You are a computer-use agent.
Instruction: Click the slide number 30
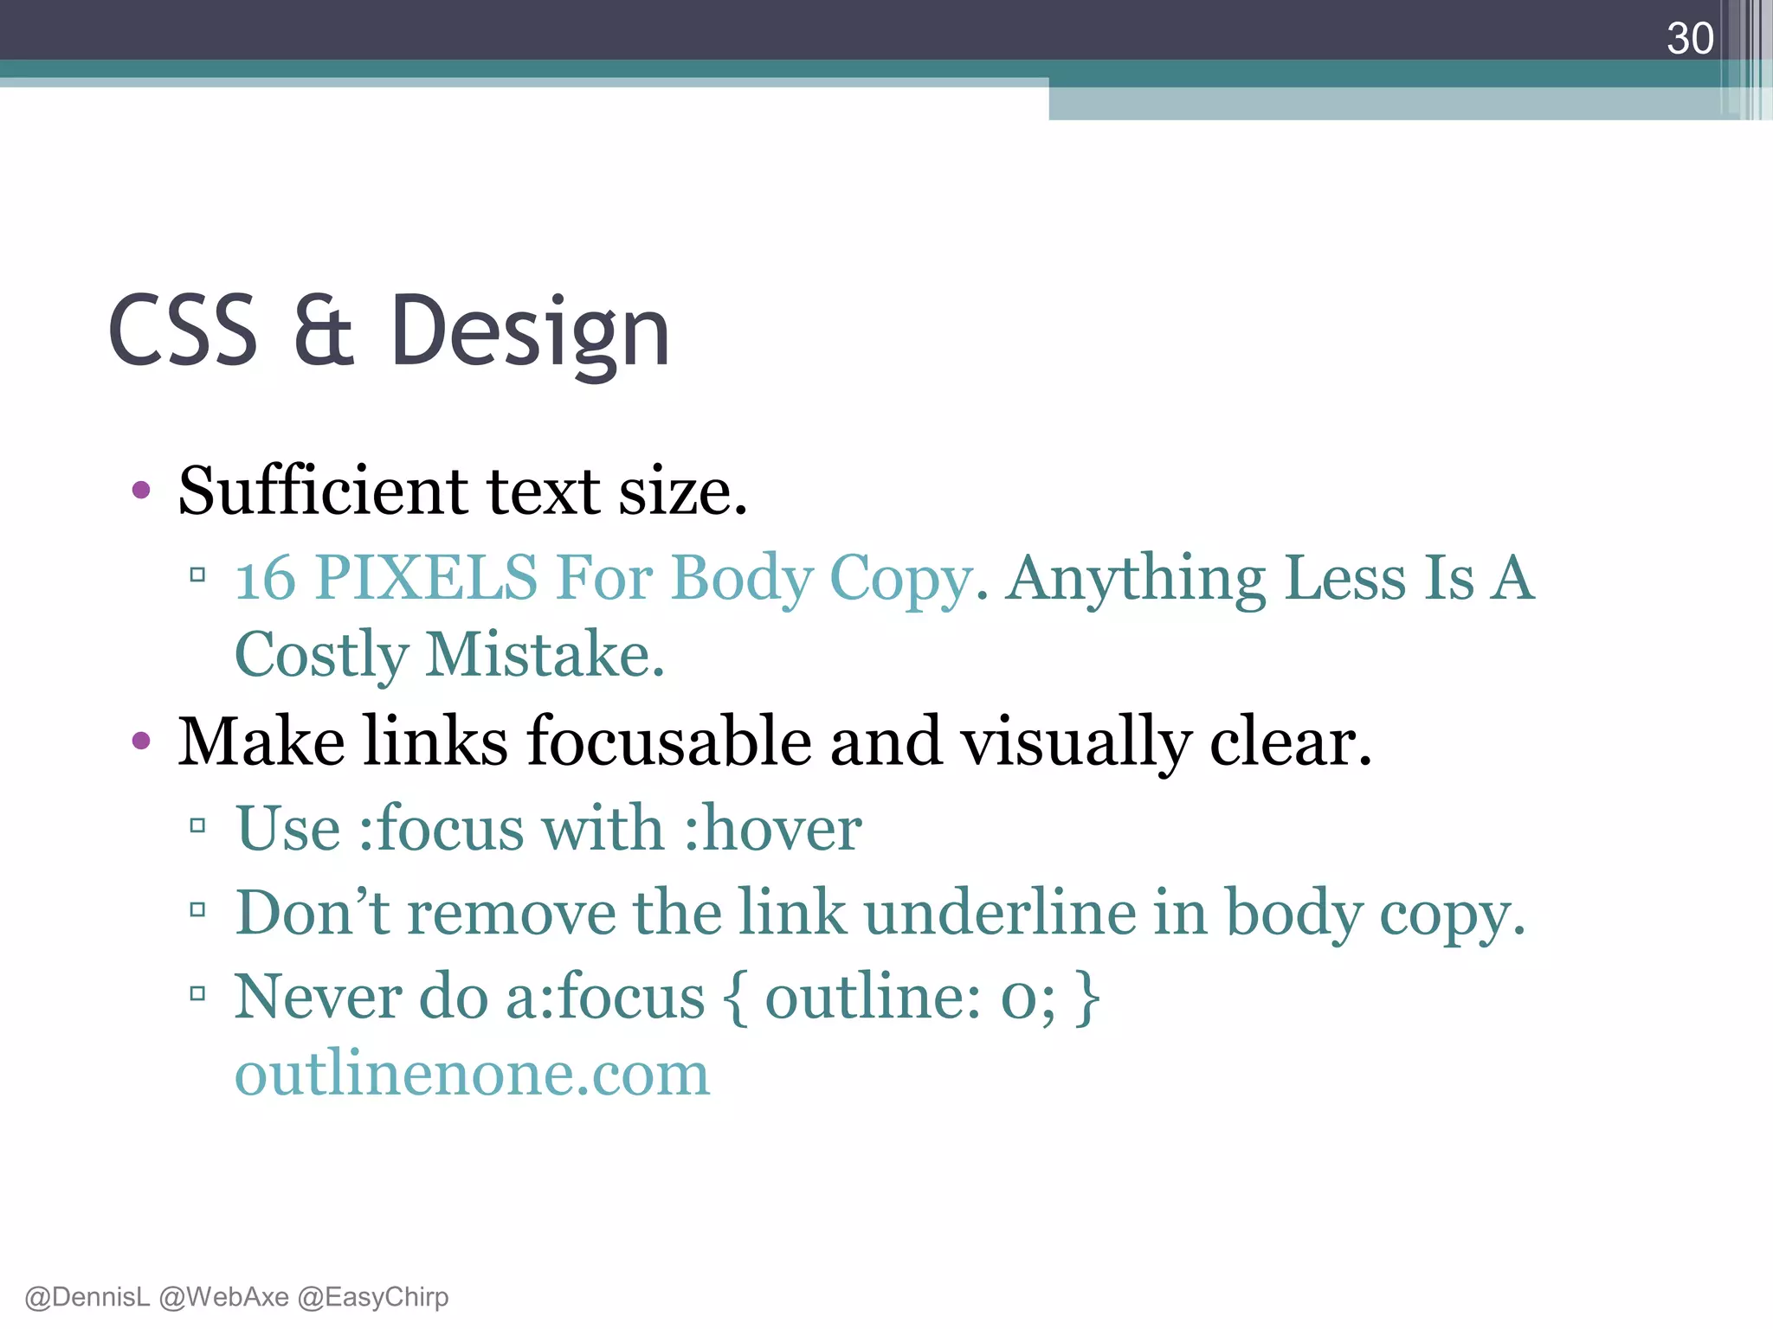point(1690,38)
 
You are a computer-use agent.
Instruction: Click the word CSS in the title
point(183,331)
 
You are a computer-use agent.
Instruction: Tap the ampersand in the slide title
point(324,331)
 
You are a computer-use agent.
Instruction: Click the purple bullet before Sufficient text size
point(141,491)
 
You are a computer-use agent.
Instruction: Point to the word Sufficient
point(322,490)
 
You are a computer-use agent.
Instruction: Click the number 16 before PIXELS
point(265,578)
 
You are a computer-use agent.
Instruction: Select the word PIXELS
point(426,578)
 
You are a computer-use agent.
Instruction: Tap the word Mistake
point(545,655)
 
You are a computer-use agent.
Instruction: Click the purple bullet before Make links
point(141,741)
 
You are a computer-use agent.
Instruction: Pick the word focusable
point(669,742)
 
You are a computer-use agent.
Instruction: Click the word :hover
point(772,828)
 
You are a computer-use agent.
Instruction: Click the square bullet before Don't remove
point(197,910)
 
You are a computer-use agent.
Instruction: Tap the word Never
point(318,997)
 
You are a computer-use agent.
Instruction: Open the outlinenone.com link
point(472,1074)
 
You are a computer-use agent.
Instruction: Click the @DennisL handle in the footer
point(87,1297)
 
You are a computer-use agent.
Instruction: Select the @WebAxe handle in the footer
point(223,1297)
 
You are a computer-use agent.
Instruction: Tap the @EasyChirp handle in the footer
point(373,1297)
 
